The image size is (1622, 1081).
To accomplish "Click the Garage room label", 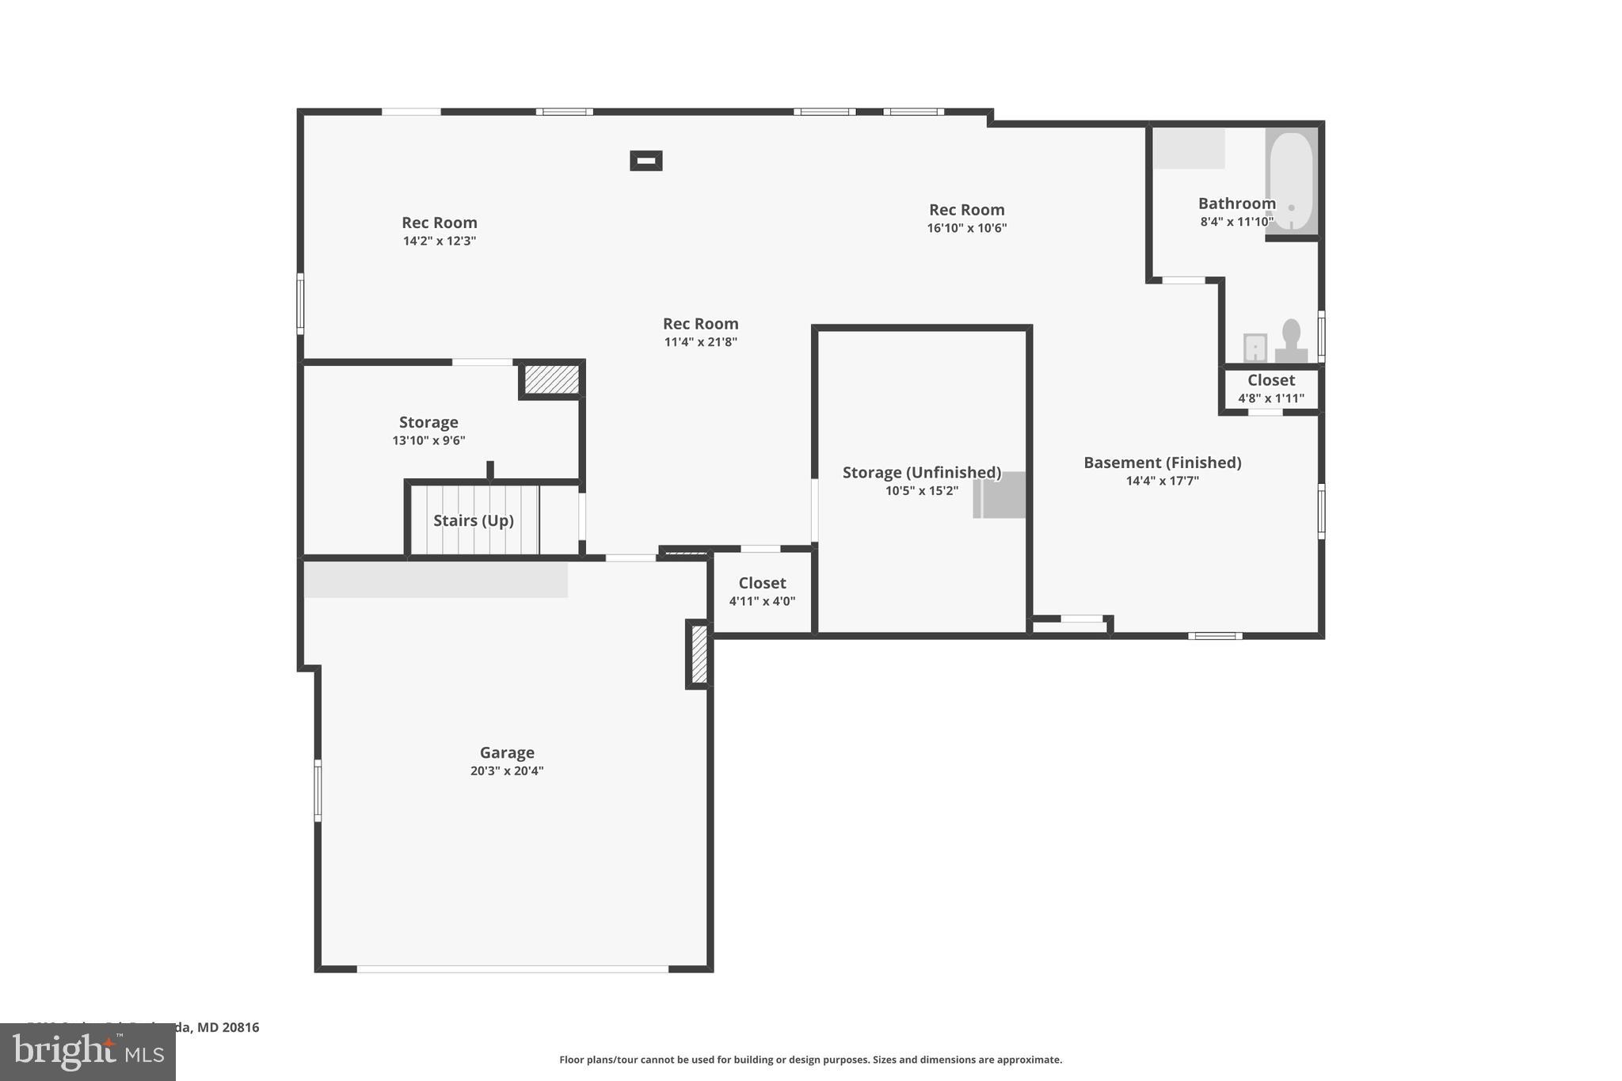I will click(507, 752).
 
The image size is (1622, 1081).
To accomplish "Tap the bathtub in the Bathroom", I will click(1291, 181).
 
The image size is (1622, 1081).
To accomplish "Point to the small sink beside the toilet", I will click(1255, 347).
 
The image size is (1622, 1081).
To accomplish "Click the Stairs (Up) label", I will click(474, 520).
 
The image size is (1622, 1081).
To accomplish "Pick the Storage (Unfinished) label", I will click(921, 473).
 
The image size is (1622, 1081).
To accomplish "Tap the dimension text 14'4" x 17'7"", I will click(1162, 481).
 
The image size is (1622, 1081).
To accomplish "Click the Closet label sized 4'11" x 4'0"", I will click(762, 584).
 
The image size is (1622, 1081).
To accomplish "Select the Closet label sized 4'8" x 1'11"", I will click(1270, 380).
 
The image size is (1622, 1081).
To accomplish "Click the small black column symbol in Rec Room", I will click(645, 161).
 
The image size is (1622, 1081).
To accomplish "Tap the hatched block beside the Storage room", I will click(552, 379).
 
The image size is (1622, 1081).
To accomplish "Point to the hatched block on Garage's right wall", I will click(699, 654).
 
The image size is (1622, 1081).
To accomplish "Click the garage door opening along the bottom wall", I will click(512, 969).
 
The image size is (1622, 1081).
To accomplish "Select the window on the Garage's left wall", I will click(318, 790).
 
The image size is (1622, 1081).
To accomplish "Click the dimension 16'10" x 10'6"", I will click(966, 228).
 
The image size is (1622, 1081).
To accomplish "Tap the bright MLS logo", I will click(87, 1052).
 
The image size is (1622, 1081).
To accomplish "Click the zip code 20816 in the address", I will click(240, 1027).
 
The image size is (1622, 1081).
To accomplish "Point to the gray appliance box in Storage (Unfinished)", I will click(999, 495).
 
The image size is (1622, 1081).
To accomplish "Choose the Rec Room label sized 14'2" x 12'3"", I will click(439, 223).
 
